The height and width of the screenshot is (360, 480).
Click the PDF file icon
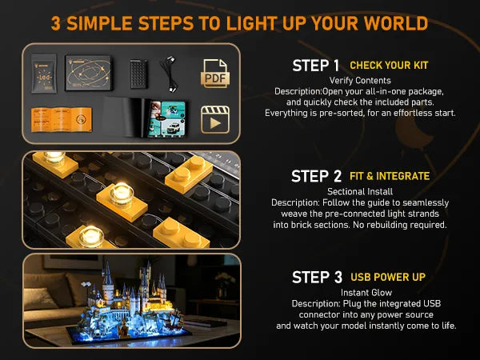click(215, 74)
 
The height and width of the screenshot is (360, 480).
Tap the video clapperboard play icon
click(215, 120)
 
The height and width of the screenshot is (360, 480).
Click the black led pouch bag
click(44, 74)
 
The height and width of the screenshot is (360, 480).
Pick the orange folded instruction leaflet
click(62, 119)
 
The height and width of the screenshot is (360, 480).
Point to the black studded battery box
click(138, 74)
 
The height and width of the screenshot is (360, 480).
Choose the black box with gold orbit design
click(89, 73)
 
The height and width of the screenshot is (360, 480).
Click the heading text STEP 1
click(316, 66)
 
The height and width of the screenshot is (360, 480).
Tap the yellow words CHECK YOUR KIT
click(389, 66)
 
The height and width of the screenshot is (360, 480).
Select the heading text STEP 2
click(316, 177)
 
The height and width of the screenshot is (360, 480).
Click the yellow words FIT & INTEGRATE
click(390, 176)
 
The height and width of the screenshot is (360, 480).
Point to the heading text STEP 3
click(317, 278)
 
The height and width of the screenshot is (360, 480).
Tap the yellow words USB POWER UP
click(388, 277)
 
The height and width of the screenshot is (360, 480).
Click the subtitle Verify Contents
click(360, 81)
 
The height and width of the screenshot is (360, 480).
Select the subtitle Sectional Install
click(360, 192)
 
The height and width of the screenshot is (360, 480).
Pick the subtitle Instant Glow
click(366, 293)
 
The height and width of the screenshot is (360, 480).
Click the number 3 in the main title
click(56, 23)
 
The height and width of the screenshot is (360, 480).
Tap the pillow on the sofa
click(40, 298)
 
